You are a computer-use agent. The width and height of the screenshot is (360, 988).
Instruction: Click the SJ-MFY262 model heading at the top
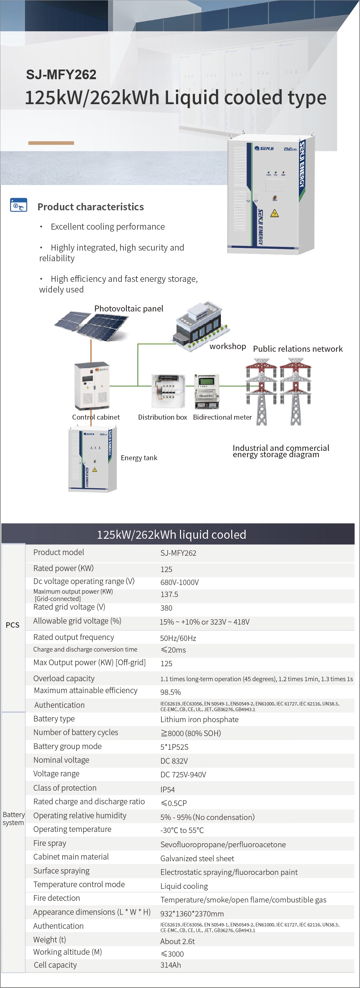(61, 75)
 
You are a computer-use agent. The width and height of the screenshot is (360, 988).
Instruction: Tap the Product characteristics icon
(18, 205)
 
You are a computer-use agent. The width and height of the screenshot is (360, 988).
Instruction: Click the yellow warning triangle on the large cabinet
(274, 214)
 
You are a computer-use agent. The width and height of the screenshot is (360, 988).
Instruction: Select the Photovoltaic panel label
(128, 309)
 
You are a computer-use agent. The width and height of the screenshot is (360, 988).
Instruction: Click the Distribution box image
(168, 391)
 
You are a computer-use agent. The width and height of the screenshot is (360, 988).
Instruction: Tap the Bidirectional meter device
(207, 391)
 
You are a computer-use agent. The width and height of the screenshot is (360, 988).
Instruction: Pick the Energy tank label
(139, 458)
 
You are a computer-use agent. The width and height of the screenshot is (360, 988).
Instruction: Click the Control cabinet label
(96, 417)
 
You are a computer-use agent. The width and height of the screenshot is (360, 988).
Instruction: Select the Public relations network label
(297, 349)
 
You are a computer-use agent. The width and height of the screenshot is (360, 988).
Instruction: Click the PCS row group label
(12, 625)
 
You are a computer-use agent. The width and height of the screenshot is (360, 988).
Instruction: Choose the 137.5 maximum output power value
(169, 594)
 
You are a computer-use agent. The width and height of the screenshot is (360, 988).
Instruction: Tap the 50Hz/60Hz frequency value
(178, 638)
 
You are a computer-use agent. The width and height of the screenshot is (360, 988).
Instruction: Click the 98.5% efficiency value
(170, 692)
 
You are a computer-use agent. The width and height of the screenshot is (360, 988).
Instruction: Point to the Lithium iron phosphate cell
(199, 719)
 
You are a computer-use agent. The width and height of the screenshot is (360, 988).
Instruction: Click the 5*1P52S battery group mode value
(174, 747)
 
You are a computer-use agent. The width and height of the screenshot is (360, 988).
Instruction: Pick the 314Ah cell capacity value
(170, 965)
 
